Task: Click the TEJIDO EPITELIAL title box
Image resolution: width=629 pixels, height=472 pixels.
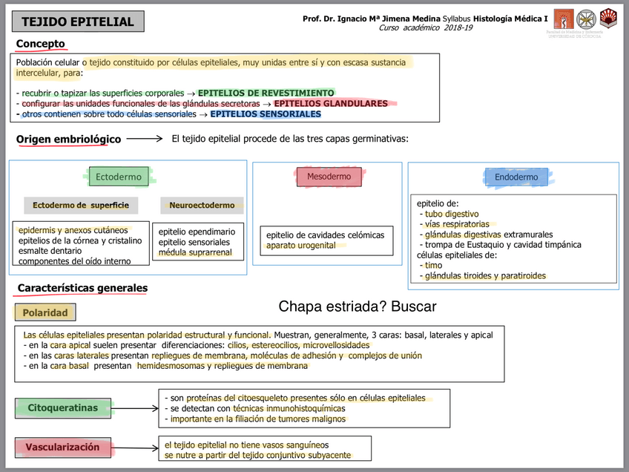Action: point(78,22)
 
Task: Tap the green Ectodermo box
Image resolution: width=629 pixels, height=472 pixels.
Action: point(119,177)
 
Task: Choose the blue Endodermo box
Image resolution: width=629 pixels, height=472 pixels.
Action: point(516,177)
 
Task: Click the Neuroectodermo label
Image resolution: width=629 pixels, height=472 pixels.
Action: point(202,205)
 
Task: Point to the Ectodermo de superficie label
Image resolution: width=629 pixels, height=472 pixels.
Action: point(81,205)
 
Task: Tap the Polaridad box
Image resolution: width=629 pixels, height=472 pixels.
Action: point(45,312)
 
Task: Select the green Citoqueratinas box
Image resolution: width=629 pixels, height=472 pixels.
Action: point(62,407)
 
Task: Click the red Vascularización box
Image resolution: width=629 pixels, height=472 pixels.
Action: point(62,447)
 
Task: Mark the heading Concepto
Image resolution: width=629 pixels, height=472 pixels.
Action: point(41,45)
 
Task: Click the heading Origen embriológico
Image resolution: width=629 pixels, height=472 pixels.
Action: point(68,139)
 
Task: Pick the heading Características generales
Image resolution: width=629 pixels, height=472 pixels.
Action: point(82,288)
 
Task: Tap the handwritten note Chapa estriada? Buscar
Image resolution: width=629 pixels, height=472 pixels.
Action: point(358,306)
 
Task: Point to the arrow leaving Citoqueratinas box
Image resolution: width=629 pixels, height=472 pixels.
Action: point(134,407)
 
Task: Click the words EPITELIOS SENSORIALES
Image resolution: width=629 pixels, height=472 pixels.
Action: point(266,114)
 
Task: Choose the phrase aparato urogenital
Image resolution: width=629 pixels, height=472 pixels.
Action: point(301,246)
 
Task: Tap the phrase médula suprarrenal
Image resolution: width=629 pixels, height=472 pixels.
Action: point(195,252)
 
